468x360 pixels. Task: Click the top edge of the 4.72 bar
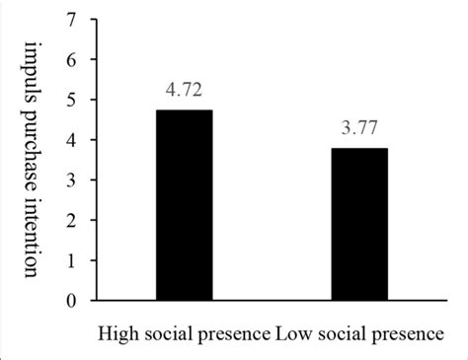[184, 110]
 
